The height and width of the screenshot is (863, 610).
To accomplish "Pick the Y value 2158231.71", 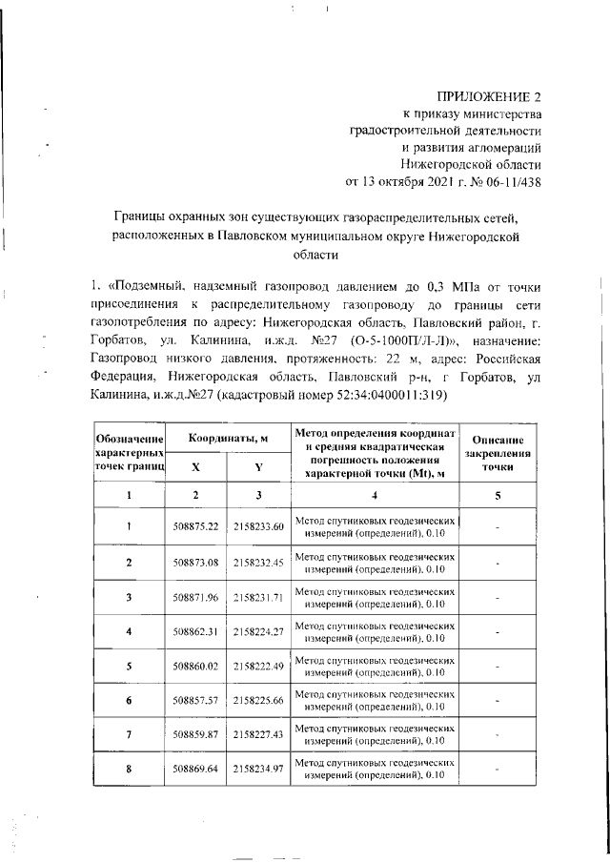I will (x=258, y=596).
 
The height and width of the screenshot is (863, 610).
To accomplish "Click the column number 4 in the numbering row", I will (x=375, y=494).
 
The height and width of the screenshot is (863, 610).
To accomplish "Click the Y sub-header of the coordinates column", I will (x=258, y=468).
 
